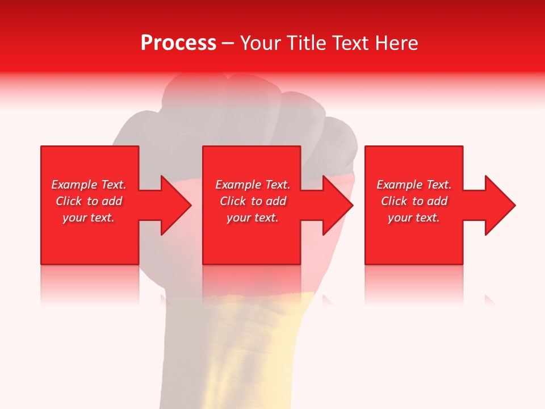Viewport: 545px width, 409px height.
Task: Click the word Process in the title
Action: (x=178, y=43)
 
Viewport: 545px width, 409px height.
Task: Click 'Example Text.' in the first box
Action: (x=89, y=185)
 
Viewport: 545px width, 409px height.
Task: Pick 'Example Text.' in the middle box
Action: (x=253, y=185)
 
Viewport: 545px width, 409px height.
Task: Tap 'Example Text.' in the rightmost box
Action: (x=414, y=185)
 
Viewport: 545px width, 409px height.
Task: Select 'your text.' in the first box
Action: (x=89, y=218)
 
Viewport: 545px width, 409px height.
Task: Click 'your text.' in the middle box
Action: (x=253, y=218)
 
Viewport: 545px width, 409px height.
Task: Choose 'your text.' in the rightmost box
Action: (x=414, y=218)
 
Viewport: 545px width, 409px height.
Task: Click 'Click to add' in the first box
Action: (x=89, y=201)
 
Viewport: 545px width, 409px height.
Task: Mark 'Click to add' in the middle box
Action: (x=253, y=201)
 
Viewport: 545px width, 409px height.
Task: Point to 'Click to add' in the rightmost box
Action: (x=414, y=201)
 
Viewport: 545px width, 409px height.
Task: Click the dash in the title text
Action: (x=228, y=44)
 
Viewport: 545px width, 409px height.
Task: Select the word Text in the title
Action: (x=350, y=43)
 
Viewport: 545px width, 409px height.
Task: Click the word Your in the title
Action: (x=261, y=43)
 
